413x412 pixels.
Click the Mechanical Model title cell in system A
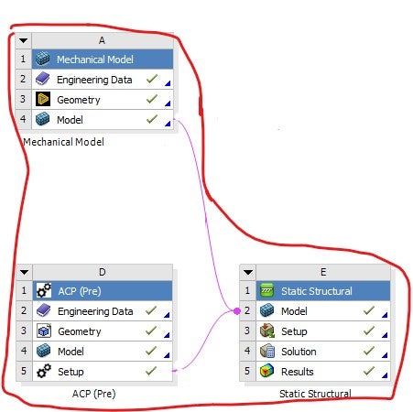tap(103, 60)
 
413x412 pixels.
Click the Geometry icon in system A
tap(43, 99)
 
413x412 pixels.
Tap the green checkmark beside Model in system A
tap(152, 119)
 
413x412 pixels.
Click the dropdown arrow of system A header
tap(24, 40)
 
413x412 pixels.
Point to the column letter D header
tap(103, 272)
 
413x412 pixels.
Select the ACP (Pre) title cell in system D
tap(103, 291)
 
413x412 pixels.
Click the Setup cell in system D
tap(103, 372)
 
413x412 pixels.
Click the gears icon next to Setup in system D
tap(44, 372)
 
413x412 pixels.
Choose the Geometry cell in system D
tap(103, 331)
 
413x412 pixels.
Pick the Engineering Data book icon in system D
tap(43, 310)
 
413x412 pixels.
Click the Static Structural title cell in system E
tap(323, 291)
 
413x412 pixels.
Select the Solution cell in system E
tap(323, 352)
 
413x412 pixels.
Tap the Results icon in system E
tap(267, 371)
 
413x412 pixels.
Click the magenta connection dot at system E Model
tap(236, 311)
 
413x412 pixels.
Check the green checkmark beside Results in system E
tap(369, 371)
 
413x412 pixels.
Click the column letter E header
tap(323, 272)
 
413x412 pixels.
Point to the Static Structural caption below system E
tap(315, 394)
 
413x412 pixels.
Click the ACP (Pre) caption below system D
tap(94, 394)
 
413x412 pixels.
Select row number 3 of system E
tap(247, 331)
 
